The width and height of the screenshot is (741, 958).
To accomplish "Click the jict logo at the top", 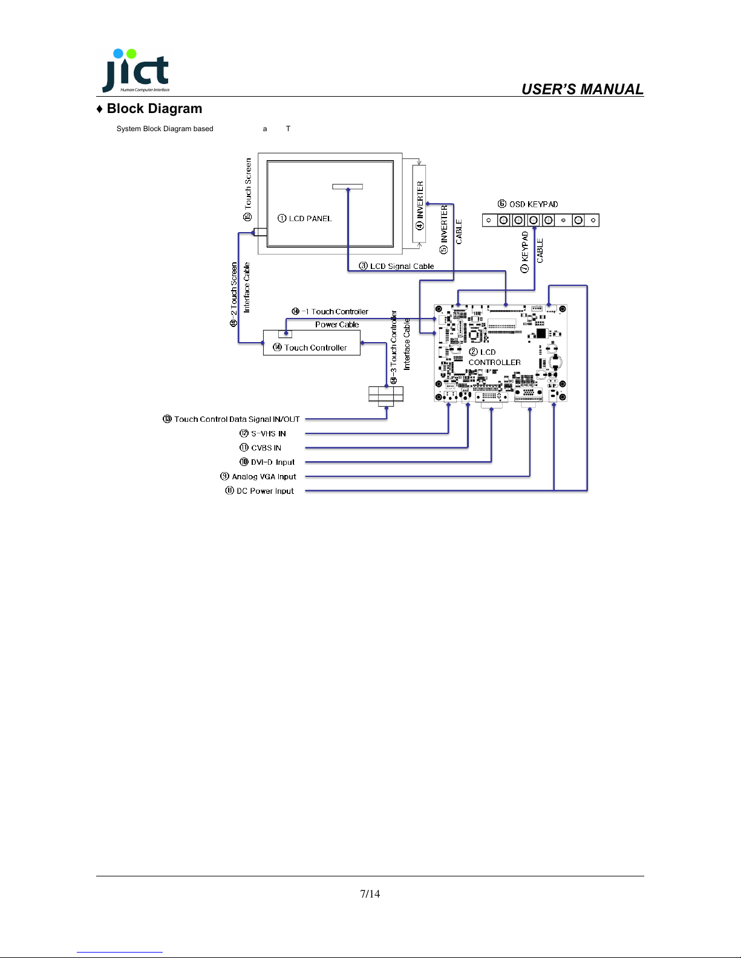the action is [135, 71].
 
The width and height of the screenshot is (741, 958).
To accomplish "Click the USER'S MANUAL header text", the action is [582, 89].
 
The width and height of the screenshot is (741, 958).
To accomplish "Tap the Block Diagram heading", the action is [149, 108].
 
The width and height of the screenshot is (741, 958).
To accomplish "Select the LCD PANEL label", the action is [304, 218].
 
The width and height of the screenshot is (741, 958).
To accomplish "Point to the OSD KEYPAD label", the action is [527, 204].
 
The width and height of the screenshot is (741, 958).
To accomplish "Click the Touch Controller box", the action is [312, 343].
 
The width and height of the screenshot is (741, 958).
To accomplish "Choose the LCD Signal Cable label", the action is [396, 266].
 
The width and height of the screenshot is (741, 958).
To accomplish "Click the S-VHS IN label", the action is [263, 433].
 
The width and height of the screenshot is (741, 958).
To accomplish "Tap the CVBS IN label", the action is [260, 447].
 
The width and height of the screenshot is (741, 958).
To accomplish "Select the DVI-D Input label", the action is [267, 462].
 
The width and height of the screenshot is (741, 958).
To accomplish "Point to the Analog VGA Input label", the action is [258, 476].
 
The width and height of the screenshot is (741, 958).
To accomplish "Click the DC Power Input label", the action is [260, 491].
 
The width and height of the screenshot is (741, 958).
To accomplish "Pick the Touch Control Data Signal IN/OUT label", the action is [231, 419].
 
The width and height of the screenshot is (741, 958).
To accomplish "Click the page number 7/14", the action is [370, 893].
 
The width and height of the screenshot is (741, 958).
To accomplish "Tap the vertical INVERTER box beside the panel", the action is [419, 204].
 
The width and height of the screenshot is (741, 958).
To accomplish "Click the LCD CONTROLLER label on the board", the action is [494, 357].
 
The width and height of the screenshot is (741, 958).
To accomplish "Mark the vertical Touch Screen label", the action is [247, 190].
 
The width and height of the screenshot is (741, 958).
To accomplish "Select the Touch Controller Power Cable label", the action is [330, 318].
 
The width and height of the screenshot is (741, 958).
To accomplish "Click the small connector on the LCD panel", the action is [348, 187].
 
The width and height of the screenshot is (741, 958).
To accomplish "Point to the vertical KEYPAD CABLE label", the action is [532, 251].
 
